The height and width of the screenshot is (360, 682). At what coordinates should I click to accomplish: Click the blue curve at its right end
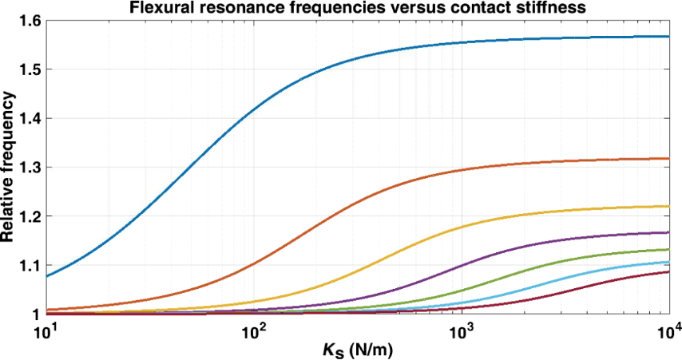click(x=668, y=37)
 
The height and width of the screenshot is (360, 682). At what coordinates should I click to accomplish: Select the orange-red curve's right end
click(x=668, y=159)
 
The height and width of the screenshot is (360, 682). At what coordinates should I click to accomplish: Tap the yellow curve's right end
click(x=668, y=207)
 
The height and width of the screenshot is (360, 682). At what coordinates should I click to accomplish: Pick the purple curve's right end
click(x=668, y=233)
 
